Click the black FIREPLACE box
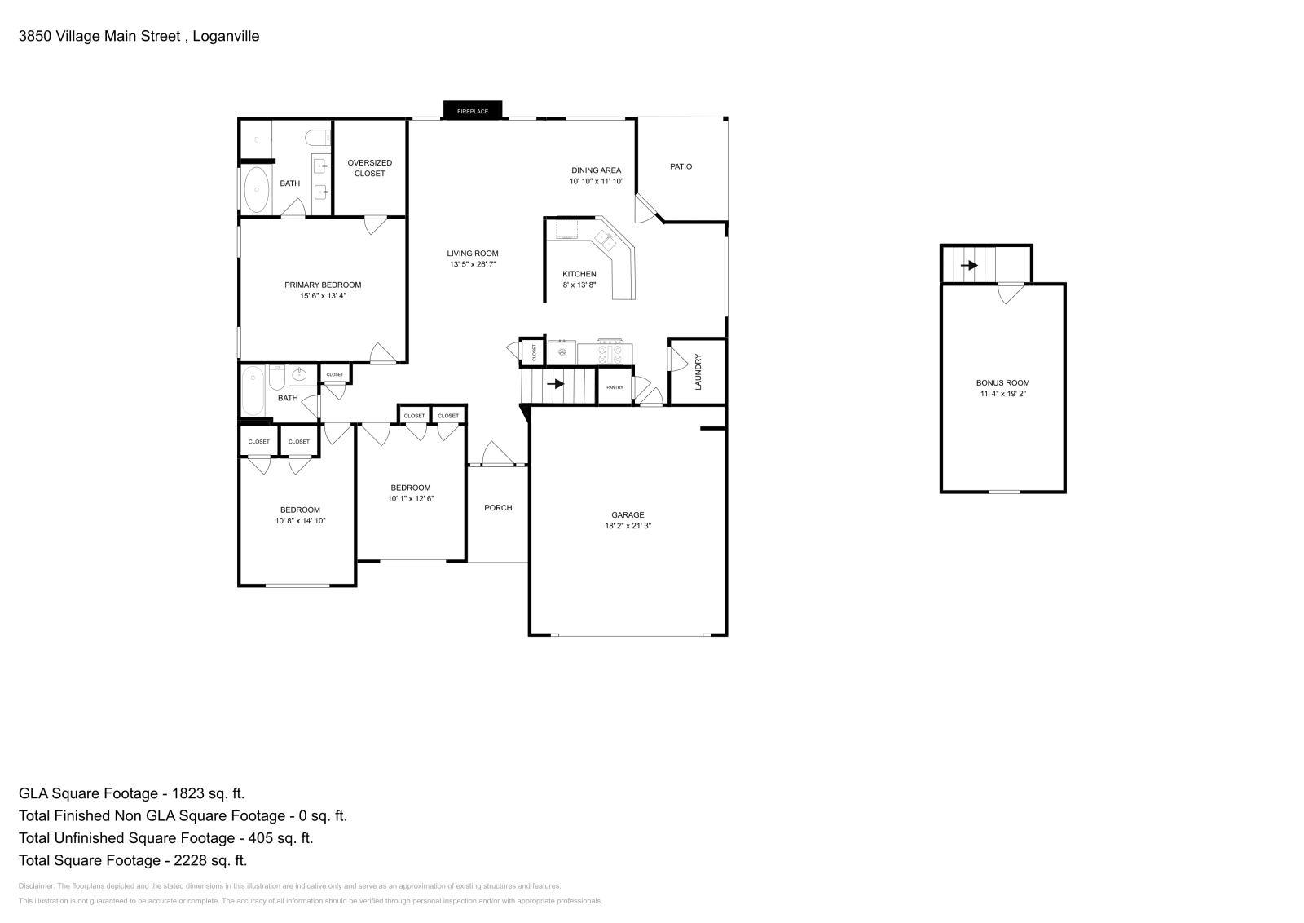coord(472,110)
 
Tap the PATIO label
coord(681,166)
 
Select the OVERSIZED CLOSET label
coord(370,168)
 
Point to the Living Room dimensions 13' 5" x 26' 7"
coord(472,264)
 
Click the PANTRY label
coord(615,387)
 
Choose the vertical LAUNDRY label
coord(698,372)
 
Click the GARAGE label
coord(628,514)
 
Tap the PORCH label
coord(498,508)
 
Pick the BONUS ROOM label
coord(1003,382)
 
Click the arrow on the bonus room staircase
coord(969,266)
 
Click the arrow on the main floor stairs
coord(555,384)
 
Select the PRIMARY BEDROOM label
coord(323,285)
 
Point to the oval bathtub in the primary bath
coord(256,189)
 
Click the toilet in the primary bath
coord(318,139)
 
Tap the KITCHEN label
coord(579,274)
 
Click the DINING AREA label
coord(596,170)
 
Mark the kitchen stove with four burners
coord(610,351)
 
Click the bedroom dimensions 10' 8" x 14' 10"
coord(300,521)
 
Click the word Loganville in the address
coord(226,36)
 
